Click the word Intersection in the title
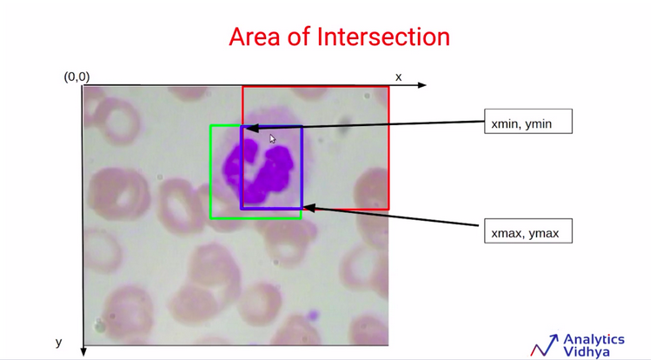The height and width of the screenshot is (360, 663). pyautogui.click(x=383, y=37)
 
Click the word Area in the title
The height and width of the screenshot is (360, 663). pyautogui.click(x=255, y=37)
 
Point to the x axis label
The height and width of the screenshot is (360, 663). pyautogui.click(x=398, y=77)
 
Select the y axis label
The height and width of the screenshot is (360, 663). pyautogui.click(x=59, y=342)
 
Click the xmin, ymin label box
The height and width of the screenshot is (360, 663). pyautogui.click(x=528, y=122)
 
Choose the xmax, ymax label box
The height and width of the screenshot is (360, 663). pyautogui.click(x=528, y=231)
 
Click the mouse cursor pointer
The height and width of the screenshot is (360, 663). pyautogui.click(x=272, y=139)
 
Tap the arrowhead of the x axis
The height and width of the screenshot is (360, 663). pyautogui.click(x=421, y=85)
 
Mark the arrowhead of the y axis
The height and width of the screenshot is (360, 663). pyautogui.click(x=83, y=351)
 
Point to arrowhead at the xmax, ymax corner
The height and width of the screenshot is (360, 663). pyautogui.click(x=309, y=207)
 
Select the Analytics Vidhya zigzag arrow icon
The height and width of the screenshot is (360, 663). pyautogui.click(x=545, y=345)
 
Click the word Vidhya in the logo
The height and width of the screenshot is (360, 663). pyautogui.click(x=587, y=352)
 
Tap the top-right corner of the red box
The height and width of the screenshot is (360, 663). pyautogui.click(x=388, y=87)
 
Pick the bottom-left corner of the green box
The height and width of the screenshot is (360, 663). pyautogui.click(x=211, y=218)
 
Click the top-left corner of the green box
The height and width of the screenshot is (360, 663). pyautogui.click(x=211, y=125)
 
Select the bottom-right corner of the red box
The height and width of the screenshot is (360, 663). pyautogui.click(x=388, y=209)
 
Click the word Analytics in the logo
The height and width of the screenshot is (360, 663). pyautogui.click(x=594, y=339)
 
